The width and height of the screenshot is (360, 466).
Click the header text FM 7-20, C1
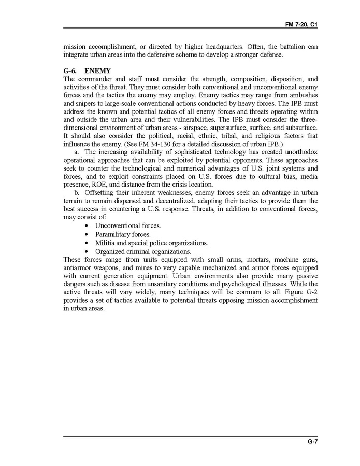tap(301, 24)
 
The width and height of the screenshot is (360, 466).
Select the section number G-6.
tap(72, 70)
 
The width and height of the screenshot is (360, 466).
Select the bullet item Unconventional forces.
tap(128, 226)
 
